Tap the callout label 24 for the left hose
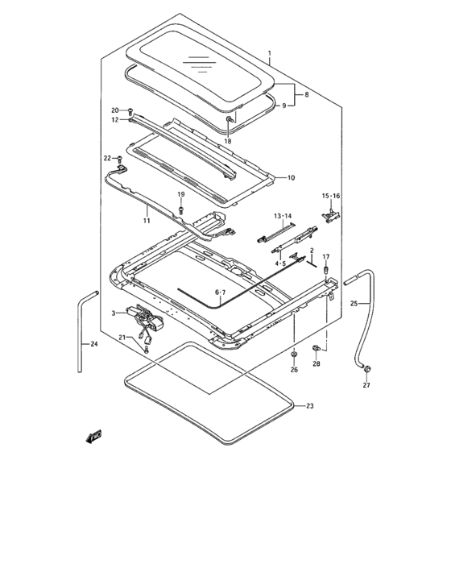point(93,345)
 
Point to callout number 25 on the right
point(355,303)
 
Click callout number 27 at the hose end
point(366,386)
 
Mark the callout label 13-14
point(282,216)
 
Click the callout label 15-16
point(332,196)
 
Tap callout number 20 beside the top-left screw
point(115,110)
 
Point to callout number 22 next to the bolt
point(107,158)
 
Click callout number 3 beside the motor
point(114,313)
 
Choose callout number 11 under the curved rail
point(146,219)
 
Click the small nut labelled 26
point(294,354)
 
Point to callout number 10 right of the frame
point(291,176)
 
